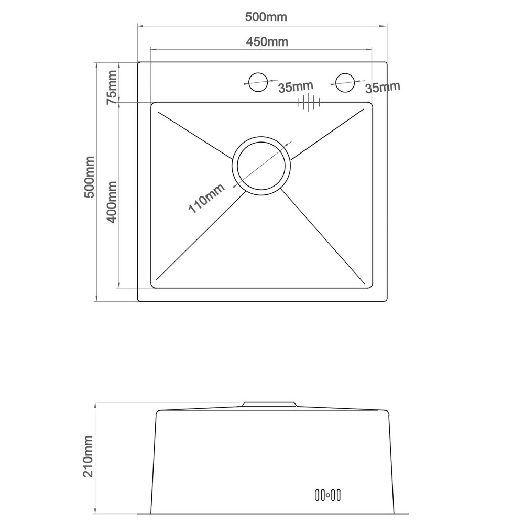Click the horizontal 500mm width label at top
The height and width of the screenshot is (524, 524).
click(x=266, y=17)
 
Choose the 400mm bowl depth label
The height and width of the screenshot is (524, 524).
click(x=112, y=202)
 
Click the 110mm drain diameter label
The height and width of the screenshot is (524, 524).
click(x=206, y=198)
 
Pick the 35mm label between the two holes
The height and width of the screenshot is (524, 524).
click(x=296, y=87)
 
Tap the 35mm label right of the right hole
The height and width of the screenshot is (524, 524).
click(x=383, y=87)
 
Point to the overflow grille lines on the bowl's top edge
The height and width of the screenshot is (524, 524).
click(x=309, y=102)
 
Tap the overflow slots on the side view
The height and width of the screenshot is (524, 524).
click(x=328, y=494)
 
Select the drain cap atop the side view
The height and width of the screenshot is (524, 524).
click(x=269, y=404)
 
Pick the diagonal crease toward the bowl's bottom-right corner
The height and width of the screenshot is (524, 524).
click(x=322, y=236)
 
